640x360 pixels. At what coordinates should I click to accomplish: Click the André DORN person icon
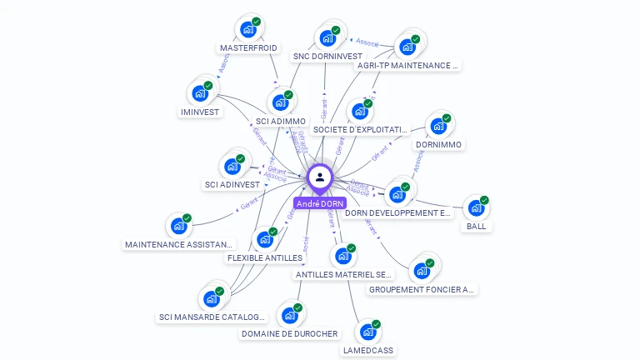[x=319, y=177]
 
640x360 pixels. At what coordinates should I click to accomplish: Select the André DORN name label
[x=319, y=203]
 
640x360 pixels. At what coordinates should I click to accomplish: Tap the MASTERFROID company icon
[x=247, y=29]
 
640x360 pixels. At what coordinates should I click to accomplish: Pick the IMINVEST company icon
[x=200, y=93]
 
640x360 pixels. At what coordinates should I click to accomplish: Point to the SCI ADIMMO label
[x=280, y=122]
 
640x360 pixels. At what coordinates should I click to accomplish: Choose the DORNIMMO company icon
[x=438, y=127]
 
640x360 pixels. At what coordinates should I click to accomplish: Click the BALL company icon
[x=476, y=208]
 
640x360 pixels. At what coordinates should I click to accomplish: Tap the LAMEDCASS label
[x=367, y=350]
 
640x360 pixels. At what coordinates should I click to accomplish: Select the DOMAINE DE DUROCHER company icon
[x=289, y=316]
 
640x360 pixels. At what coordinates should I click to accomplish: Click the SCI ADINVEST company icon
[x=232, y=167]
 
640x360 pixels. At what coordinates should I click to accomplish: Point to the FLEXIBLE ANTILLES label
[x=264, y=257]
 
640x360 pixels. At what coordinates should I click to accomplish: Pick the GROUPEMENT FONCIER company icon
[x=422, y=271]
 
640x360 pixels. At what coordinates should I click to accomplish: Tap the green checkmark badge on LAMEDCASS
[x=376, y=324]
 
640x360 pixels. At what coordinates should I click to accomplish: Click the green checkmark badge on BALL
[x=484, y=200]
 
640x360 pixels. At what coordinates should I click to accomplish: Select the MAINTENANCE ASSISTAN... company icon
[x=178, y=226]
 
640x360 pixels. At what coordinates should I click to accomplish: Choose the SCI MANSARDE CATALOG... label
[x=212, y=317]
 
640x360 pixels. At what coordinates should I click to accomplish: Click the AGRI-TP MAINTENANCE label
[x=407, y=65]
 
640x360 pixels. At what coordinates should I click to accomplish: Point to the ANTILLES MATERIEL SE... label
[x=343, y=274]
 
